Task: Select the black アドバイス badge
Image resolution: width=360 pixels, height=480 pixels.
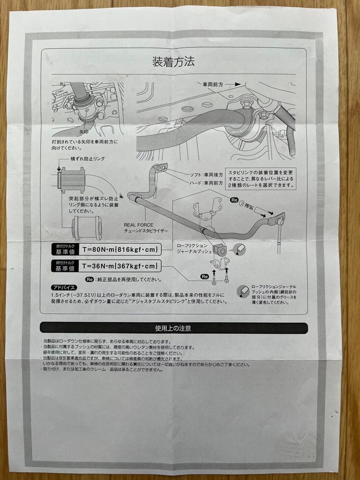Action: point(64,288)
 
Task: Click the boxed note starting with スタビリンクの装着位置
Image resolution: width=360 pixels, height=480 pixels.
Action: point(261,179)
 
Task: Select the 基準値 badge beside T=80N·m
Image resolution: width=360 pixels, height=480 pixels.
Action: point(64,249)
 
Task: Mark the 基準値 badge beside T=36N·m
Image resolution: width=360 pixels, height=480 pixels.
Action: point(64,266)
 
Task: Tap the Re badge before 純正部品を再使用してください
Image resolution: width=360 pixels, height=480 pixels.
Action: point(89,280)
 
